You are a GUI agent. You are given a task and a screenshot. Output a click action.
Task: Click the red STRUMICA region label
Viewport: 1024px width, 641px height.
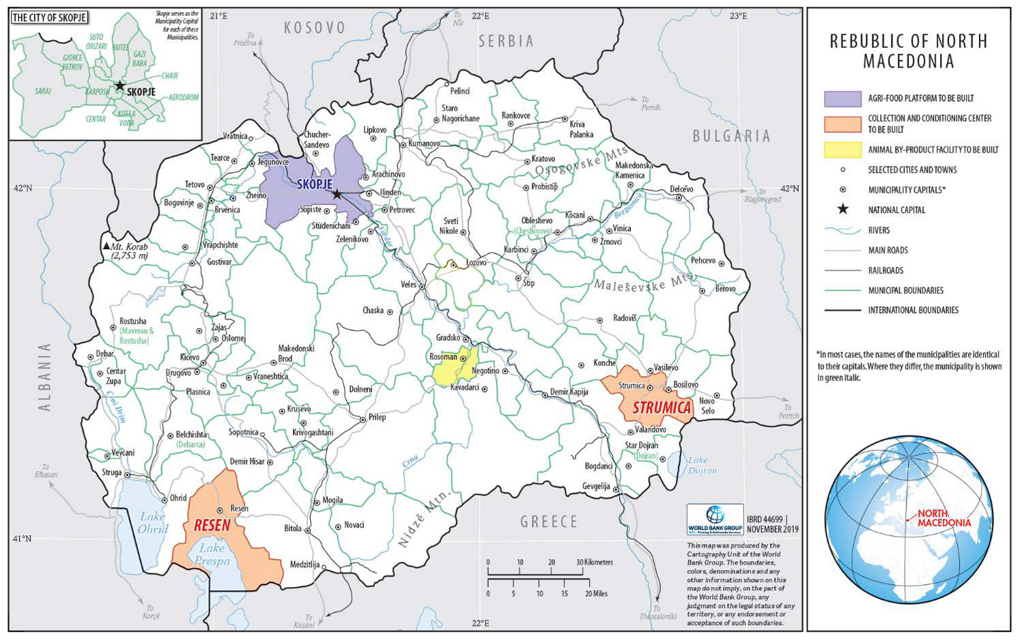click(x=662, y=408)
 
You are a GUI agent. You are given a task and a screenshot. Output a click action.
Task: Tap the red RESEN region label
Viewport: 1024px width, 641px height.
click(x=212, y=525)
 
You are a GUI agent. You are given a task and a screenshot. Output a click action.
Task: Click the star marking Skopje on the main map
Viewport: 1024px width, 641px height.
click(x=337, y=195)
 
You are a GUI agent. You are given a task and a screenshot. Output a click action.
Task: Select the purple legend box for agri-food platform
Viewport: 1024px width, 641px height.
click(x=842, y=98)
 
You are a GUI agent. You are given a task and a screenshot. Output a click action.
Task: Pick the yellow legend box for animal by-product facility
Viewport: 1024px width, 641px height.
click(x=842, y=149)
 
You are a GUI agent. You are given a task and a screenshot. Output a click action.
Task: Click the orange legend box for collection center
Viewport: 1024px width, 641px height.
click(x=842, y=124)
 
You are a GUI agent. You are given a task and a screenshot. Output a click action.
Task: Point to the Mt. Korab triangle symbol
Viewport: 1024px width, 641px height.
click(x=106, y=246)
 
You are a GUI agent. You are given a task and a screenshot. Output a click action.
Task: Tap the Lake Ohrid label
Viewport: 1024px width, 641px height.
click(x=152, y=523)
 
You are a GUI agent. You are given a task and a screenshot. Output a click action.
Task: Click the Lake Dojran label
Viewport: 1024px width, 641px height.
click(x=702, y=465)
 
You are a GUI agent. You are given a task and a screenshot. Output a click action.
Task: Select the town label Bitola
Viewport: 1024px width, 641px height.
click(x=292, y=528)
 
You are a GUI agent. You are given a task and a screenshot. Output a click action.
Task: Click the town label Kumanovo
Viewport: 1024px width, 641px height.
click(x=424, y=143)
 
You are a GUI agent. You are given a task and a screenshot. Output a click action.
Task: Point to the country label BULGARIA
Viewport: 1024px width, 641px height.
click(x=731, y=136)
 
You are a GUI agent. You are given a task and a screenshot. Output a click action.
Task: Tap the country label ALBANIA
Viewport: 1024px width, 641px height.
click(x=45, y=377)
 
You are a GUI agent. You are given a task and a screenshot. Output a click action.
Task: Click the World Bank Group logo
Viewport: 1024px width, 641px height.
click(x=715, y=519)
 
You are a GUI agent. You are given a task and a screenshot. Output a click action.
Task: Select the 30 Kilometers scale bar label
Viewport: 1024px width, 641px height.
click(x=595, y=562)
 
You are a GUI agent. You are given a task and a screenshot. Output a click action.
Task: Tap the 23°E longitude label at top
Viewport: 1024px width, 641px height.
click(x=737, y=16)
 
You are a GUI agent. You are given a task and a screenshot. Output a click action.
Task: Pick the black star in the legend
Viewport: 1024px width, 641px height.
click(x=842, y=210)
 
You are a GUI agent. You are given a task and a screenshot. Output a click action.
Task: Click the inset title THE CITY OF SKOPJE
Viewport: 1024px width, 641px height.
click(x=49, y=17)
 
